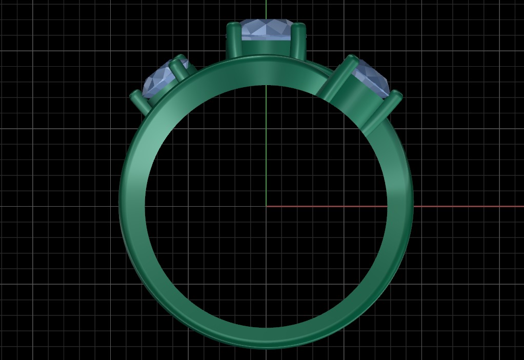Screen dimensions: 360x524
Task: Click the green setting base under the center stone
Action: [x=266, y=48]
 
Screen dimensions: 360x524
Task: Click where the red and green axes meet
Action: [x=266, y=207]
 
